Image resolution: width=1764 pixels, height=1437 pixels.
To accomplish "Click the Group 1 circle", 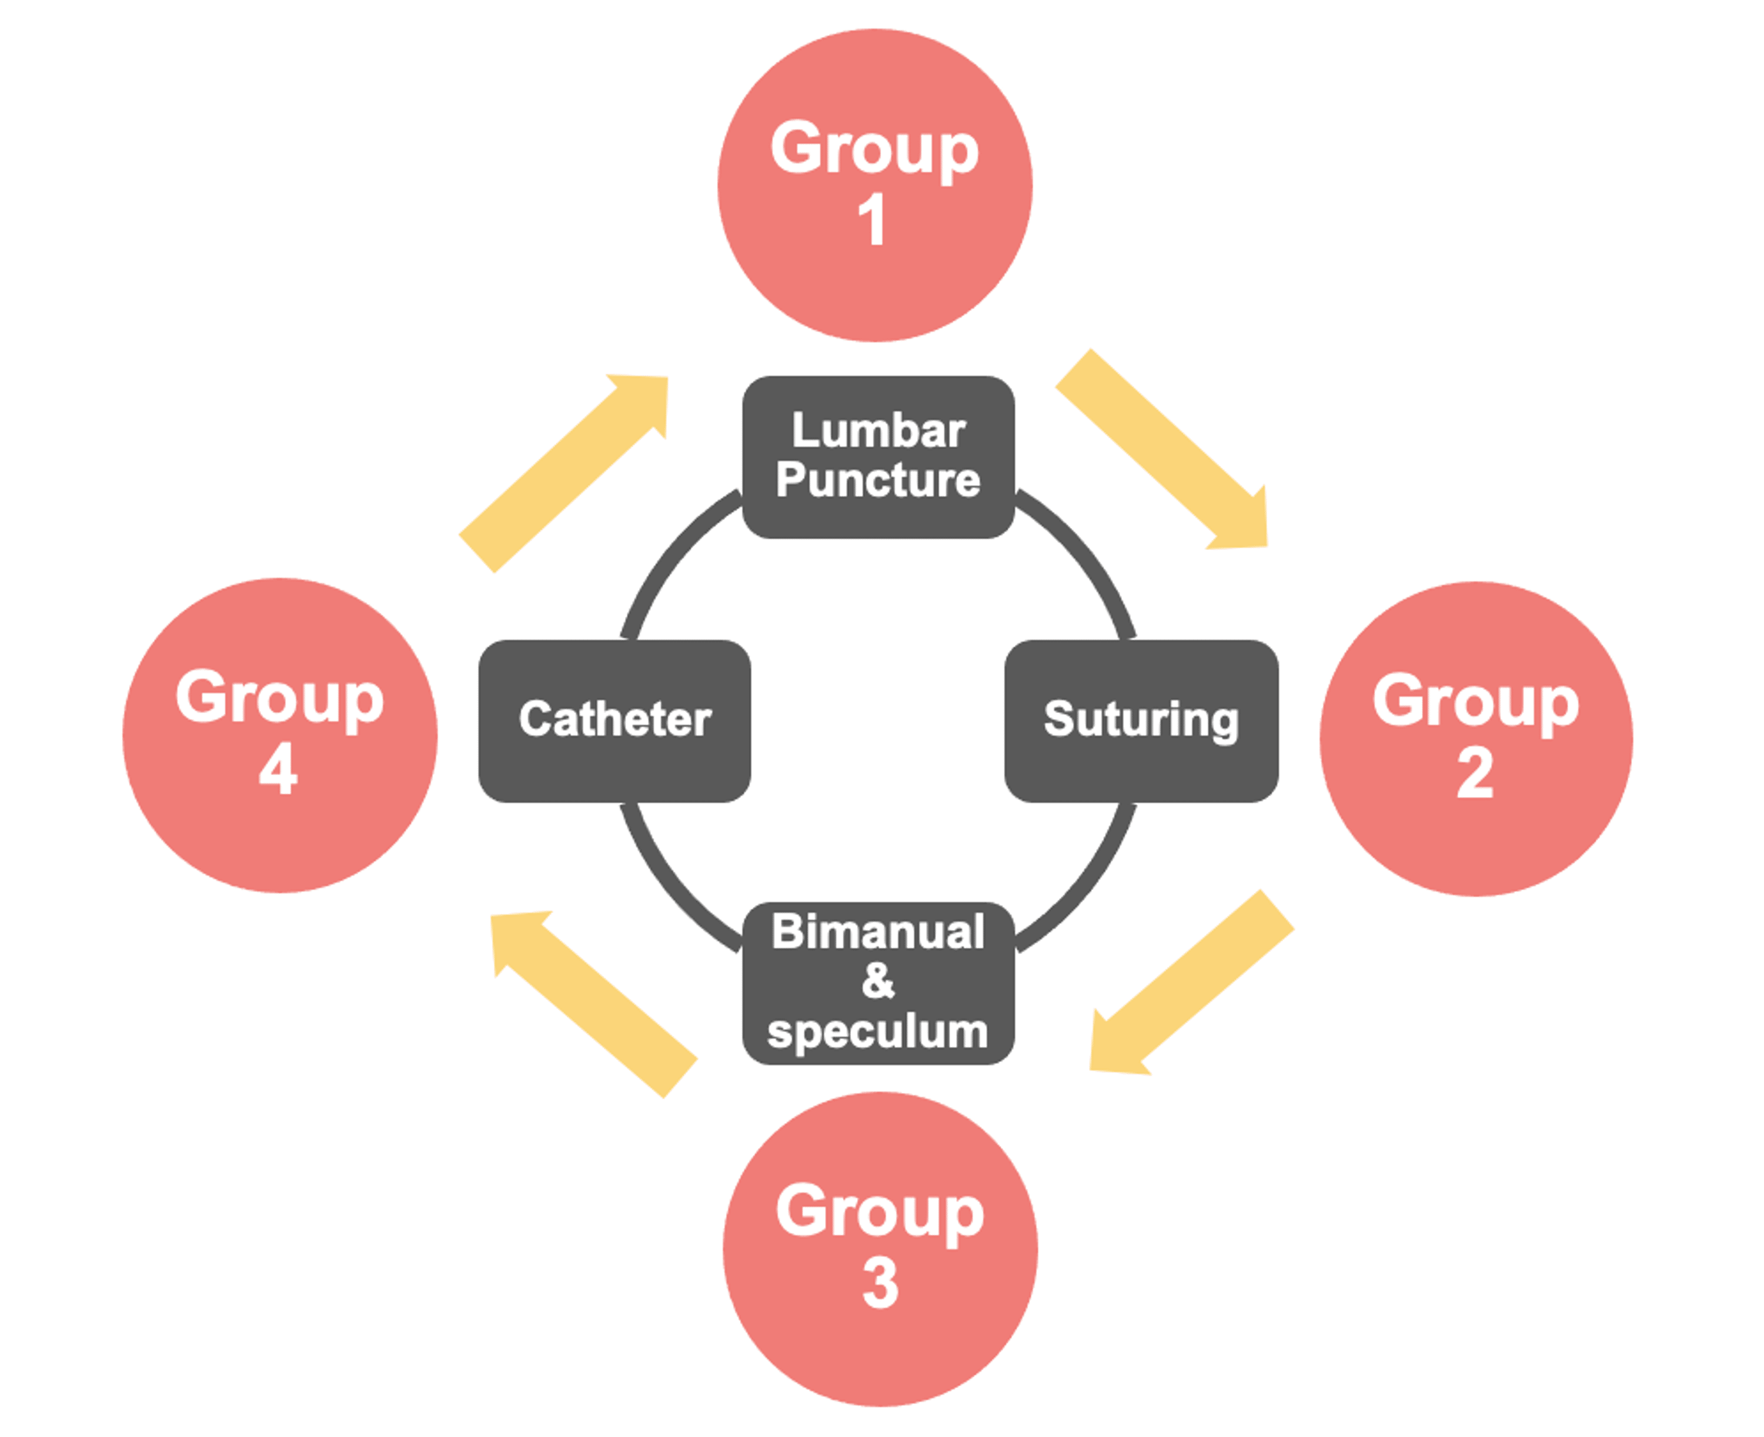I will [x=874, y=185].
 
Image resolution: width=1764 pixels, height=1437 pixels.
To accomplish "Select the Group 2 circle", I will [x=1475, y=738].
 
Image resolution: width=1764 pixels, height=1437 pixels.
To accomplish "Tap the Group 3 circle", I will [x=880, y=1248].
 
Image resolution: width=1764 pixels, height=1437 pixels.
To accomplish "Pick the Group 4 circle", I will [x=280, y=735].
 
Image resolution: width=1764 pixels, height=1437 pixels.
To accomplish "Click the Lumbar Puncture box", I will [x=878, y=457].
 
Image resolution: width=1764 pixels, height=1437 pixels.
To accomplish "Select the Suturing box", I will [x=1141, y=720].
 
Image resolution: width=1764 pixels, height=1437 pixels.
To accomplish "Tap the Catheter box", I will [x=614, y=720].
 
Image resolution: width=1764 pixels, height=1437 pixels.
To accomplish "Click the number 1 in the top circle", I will [x=872, y=220].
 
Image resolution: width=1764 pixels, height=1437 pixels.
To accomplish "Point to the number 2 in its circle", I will [x=1475, y=774].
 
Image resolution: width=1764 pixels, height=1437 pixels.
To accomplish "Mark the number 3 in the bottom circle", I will [x=880, y=1284].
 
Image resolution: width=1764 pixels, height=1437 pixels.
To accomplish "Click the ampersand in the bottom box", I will [x=878, y=981].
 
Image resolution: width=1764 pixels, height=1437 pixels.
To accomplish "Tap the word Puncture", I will [x=878, y=480].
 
